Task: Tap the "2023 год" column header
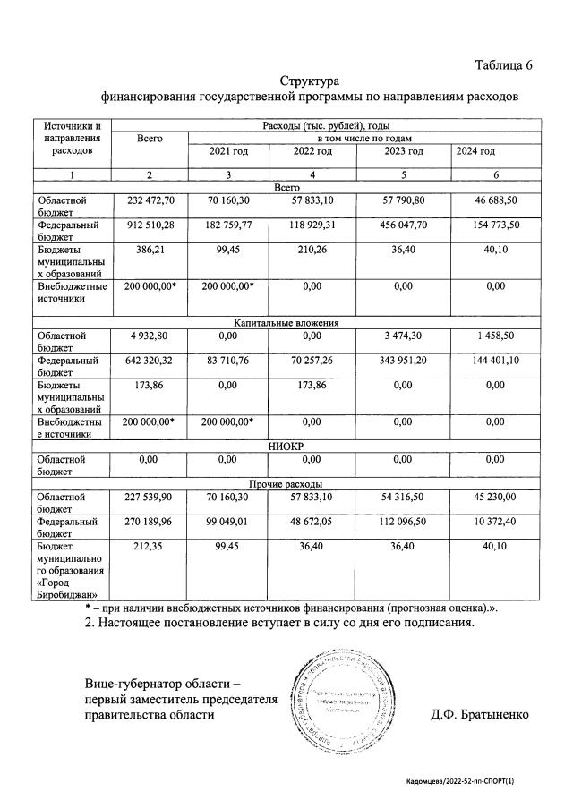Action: [x=402, y=151]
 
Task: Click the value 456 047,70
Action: [x=402, y=225]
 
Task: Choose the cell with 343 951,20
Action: [x=402, y=361]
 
